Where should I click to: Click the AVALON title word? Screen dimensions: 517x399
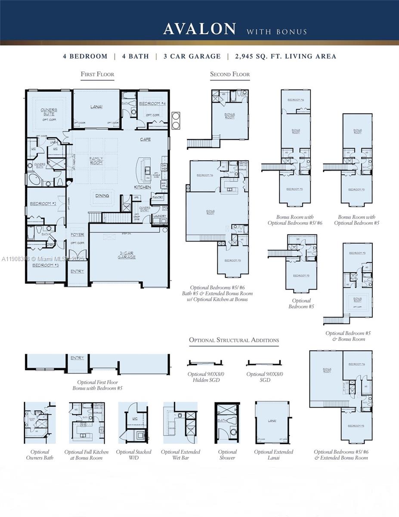[199, 29]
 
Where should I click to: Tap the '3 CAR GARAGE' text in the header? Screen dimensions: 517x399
[192, 56]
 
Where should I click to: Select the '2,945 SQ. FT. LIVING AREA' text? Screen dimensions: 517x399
[286, 56]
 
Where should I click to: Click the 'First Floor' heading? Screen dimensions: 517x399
[97, 74]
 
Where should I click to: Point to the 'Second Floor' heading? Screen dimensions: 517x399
[230, 74]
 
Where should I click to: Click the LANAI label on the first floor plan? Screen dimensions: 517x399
[96, 106]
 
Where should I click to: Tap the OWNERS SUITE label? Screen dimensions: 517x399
[49, 112]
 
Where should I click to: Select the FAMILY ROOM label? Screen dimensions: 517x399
[96, 160]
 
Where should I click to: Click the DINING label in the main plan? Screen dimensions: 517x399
[102, 196]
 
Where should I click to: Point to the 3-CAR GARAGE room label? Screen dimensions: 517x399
[127, 255]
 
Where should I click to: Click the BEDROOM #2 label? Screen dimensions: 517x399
[43, 203]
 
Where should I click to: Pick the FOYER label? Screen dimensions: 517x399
[77, 235]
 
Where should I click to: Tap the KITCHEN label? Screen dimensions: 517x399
[142, 187]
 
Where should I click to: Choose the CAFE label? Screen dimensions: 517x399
[145, 140]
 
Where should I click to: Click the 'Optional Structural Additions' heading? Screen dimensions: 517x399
[234, 340]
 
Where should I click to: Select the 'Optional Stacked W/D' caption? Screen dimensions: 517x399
[133, 455]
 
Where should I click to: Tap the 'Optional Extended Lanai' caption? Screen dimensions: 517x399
[273, 455]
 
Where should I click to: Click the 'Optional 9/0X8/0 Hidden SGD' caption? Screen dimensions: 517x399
[206, 377]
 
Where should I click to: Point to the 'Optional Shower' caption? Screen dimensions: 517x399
[227, 455]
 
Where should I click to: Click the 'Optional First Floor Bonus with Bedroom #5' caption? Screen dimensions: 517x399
[97, 385]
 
